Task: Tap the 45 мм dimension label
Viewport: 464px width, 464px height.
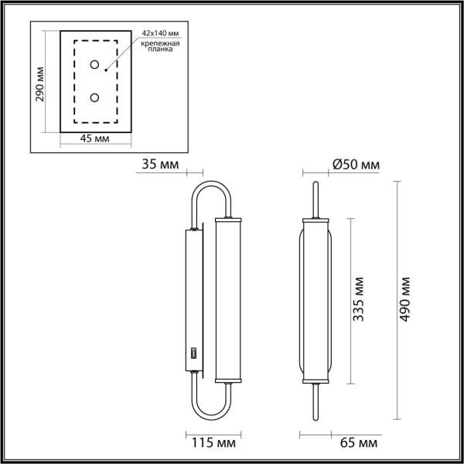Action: (94, 138)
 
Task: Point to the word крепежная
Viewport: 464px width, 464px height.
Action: (160, 45)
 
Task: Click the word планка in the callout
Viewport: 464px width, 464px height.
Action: (160, 53)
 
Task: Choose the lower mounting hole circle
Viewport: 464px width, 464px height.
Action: (94, 97)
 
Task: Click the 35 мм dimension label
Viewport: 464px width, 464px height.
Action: (160, 164)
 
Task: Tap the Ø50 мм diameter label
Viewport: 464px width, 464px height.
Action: (355, 164)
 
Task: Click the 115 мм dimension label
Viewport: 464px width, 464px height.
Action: (210, 443)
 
